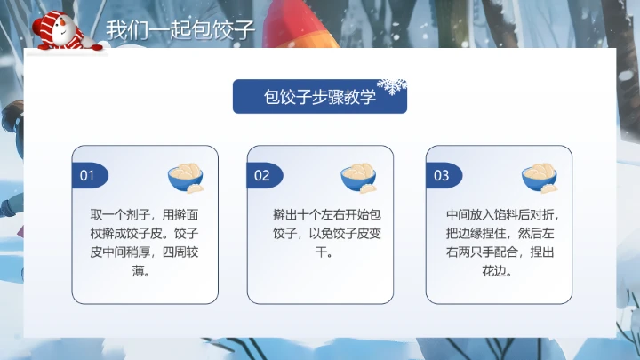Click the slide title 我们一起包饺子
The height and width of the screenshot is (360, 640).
pyautogui.click(x=180, y=29)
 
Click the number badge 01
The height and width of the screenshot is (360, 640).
pyautogui.click(x=87, y=175)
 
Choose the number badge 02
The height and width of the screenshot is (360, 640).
pyautogui.click(x=262, y=175)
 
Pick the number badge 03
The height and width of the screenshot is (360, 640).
pyautogui.click(x=441, y=175)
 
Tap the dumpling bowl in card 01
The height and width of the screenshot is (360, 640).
pyautogui.click(x=186, y=177)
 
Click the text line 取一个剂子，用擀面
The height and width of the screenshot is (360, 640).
pyautogui.click(x=145, y=216)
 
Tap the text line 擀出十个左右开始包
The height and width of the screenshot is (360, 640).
pyautogui.click(x=326, y=216)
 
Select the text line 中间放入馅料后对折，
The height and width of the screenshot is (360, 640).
pyautogui.click(x=503, y=216)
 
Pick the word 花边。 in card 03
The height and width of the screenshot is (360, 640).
pyautogui.click(x=503, y=272)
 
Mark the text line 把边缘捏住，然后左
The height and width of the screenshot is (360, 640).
pyautogui.click(x=503, y=235)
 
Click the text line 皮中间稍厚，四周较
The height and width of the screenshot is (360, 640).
pyautogui.click(x=145, y=253)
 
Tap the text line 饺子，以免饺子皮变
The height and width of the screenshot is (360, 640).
pyautogui.click(x=326, y=235)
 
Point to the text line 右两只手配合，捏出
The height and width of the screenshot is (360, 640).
pyautogui.click(x=503, y=253)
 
